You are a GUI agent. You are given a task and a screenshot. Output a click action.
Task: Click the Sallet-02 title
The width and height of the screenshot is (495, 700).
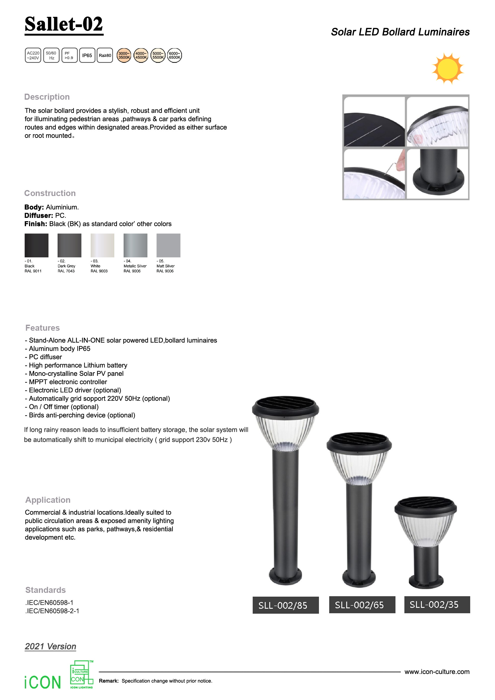click(x=64, y=24)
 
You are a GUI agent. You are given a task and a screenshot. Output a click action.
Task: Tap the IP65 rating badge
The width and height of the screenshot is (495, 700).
click(x=87, y=55)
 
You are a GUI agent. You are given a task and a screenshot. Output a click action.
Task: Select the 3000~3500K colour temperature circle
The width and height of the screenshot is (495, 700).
click(x=124, y=55)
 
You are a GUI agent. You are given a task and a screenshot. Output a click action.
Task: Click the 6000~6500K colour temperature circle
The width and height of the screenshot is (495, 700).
click(x=175, y=55)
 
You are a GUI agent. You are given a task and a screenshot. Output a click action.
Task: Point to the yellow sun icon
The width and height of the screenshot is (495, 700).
click(x=447, y=69)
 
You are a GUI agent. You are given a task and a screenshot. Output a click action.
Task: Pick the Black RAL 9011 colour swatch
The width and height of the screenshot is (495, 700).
click(x=37, y=245)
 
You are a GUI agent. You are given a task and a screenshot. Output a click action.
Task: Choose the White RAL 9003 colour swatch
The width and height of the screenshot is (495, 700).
click(x=102, y=245)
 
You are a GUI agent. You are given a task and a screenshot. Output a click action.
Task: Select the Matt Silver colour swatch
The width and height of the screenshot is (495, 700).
click(x=168, y=245)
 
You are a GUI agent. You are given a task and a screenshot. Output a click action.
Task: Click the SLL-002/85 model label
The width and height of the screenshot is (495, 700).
click(x=286, y=605)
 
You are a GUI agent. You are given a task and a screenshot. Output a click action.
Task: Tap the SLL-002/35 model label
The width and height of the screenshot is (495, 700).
click(x=437, y=605)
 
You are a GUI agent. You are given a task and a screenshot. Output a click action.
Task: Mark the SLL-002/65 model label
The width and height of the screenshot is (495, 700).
click(x=362, y=605)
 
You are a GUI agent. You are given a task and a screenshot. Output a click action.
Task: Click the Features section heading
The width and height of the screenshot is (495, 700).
click(x=43, y=328)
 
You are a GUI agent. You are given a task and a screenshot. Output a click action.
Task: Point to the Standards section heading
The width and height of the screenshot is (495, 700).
click(x=45, y=590)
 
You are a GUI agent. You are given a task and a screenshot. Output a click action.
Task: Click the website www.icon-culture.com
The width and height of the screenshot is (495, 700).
click(x=437, y=672)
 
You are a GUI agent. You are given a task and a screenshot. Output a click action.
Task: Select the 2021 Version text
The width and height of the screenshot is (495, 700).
click(x=51, y=646)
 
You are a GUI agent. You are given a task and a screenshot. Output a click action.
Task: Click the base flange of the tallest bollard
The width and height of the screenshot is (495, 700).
click(x=285, y=577)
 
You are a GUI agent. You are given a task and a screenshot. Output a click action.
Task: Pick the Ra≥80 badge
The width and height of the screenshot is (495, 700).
click(x=105, y=55)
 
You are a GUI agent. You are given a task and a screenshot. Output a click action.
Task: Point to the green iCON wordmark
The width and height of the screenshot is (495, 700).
click(x=43, y=682)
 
